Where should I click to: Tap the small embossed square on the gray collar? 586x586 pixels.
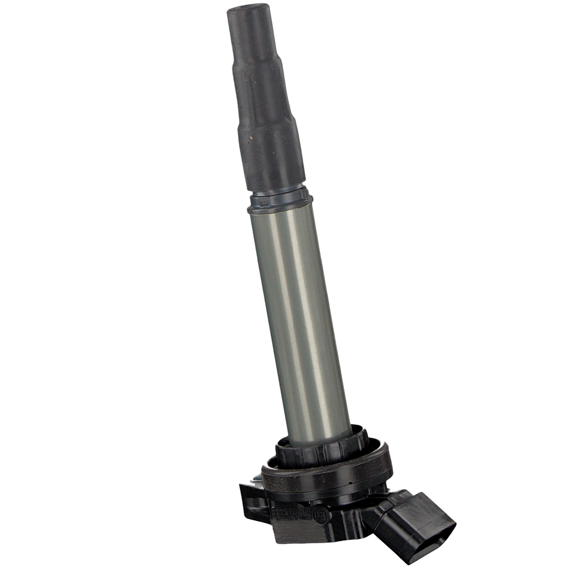pos(263,202)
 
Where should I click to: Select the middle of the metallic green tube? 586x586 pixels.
pos(299,313)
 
